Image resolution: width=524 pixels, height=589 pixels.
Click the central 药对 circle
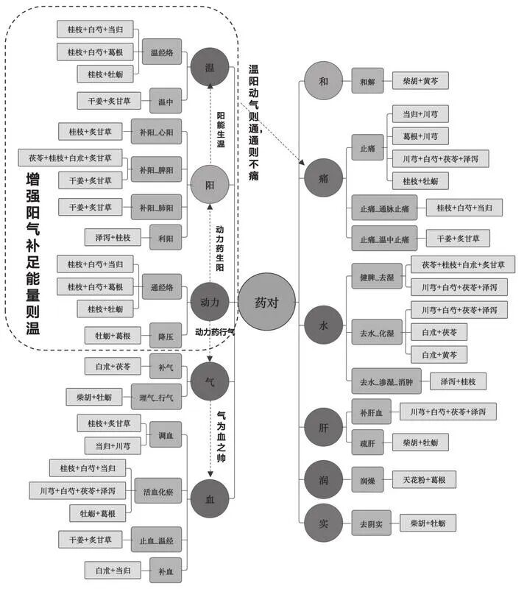(267, 302)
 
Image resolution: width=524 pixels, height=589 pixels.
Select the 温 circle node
(210, 68)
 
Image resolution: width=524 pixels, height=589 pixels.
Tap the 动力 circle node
(210, 302)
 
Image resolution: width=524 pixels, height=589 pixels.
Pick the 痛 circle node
(324, 177)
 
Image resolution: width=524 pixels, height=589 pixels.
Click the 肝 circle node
(324, 427)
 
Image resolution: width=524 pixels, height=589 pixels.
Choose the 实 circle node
(324, 523)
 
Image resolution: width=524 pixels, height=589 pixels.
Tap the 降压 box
(165, 336)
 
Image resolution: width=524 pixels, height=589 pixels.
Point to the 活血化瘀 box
(157, 490)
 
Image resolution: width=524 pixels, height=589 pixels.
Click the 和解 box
(367, 81)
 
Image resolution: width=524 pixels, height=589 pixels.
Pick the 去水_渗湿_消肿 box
(382, 381)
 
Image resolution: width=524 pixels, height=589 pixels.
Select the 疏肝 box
(367, 442)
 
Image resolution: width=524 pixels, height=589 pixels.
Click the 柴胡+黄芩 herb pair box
(420, 81)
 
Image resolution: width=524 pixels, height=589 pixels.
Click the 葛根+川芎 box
(420, 136)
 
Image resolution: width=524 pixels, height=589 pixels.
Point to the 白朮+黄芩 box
(438, 356)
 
